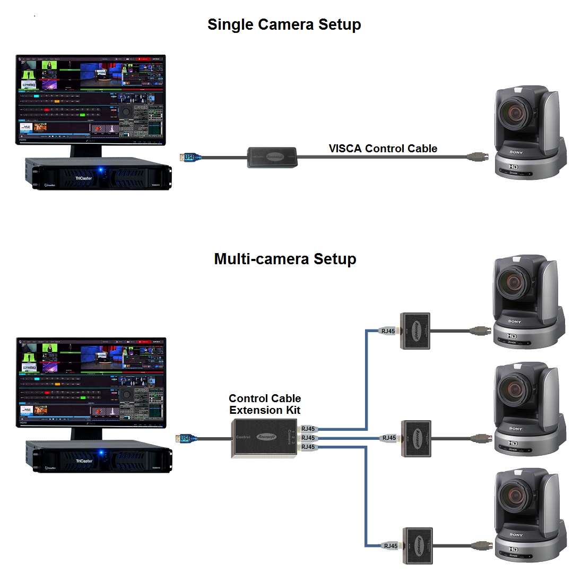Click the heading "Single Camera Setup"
pos(284,24)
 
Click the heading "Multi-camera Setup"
pos(285,259)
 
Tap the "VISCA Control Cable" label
pos(383,149)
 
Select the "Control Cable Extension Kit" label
pos(265,404)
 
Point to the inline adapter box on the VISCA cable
pos(272,158)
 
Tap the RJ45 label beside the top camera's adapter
pos(388,331)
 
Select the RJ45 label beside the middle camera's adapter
pos(389,438)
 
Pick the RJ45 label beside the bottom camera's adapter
pos(390,545)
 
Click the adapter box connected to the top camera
pos(415,331)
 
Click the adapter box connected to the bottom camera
pos(418,545)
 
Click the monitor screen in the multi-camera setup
pos(90,382)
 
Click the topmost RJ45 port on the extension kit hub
pos(308,429)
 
